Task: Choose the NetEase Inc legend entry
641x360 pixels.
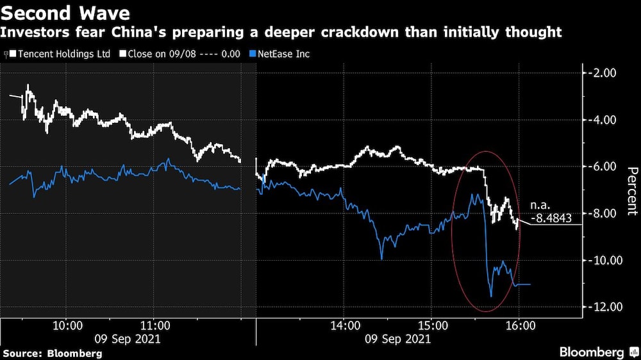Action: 283,54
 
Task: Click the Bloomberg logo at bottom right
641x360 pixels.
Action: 592,352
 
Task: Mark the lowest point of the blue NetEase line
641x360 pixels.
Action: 491,296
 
